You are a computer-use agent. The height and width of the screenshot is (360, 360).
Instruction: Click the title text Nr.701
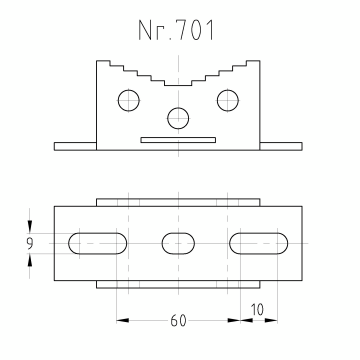pos(176,30)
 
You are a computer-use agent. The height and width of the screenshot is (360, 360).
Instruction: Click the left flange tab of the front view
pos(75,146)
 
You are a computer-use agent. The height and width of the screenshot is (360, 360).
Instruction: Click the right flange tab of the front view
pos(281,146)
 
